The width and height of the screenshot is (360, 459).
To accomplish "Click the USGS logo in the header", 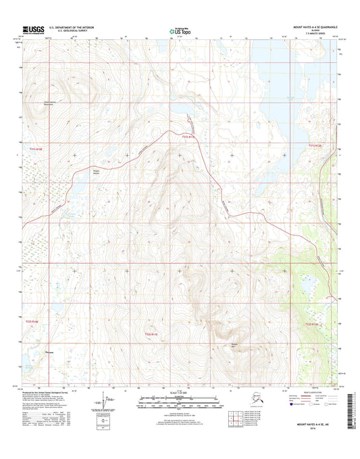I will tap(32, 29).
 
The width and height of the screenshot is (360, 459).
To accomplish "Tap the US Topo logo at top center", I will tap(178, 30).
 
